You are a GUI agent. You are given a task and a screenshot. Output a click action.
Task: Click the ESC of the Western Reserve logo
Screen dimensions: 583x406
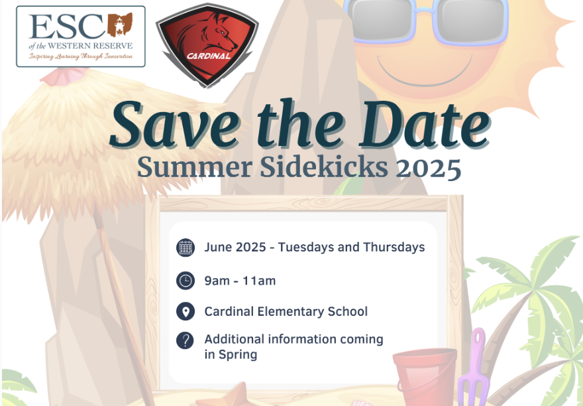[x=81, y=36]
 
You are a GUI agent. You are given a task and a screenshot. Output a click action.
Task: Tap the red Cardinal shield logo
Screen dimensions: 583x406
[x=207, y=45]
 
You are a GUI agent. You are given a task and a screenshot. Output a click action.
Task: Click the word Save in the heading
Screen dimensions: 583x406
[x=175, y=125]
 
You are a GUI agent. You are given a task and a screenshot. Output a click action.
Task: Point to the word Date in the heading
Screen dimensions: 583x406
[x=424, y=125]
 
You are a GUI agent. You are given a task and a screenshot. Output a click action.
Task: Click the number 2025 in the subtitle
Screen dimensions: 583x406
[x=429, y=168]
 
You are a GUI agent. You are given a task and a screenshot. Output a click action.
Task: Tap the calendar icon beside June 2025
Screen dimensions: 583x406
[x=185, y=247]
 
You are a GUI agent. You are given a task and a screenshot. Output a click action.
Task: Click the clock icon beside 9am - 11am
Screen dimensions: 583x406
[x=185, y=281]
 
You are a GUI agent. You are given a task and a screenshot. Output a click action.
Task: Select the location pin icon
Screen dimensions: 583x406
[x=185, y=311]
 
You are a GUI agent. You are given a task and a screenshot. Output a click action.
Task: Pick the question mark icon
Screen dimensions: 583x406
[x=185, y=340]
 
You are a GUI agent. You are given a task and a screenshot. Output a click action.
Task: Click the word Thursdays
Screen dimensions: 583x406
[x=394, y=247]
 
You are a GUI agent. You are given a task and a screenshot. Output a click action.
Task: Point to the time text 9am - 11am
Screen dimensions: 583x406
[x=240, y=281]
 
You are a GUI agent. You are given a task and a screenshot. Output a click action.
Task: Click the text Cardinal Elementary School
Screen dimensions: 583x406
[x=286, y=311]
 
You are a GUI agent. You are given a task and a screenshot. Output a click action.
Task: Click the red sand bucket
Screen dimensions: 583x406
[x=425, y=376]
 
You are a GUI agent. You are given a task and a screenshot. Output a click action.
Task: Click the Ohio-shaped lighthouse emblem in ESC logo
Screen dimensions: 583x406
[x=120, y=25]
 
